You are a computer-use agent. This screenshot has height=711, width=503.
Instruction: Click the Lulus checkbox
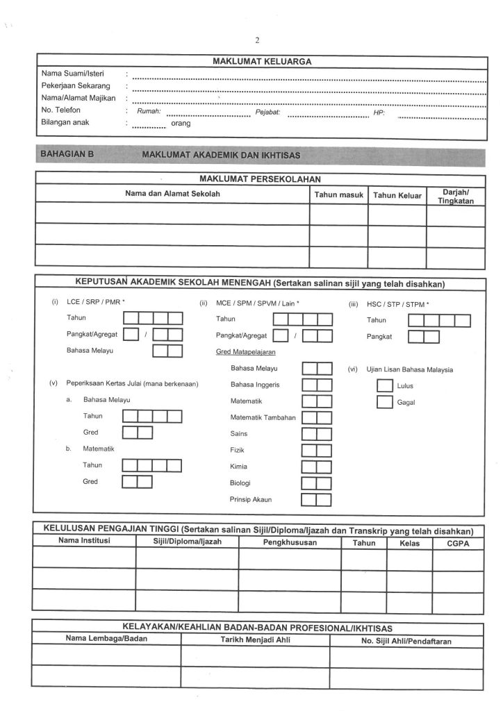[384, 386]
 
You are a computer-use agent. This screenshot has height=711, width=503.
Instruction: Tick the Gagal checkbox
[384, 402]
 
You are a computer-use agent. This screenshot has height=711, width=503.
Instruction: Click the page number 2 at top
[257, 40]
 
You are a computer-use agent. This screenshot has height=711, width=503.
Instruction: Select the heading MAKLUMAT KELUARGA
[261, 61]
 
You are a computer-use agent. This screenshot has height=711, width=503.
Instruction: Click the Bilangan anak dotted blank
[149, 126]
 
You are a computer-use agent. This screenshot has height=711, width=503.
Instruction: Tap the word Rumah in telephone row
[149, 111]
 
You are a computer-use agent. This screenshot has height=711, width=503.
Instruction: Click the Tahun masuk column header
[338, 195]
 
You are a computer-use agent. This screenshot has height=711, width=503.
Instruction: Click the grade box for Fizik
[316, 450]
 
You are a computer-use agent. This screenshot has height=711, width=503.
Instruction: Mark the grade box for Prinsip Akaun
[316, 499]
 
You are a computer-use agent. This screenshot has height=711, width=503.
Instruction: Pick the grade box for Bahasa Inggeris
[316, 385]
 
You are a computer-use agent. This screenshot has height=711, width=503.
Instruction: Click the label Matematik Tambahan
[263, 417]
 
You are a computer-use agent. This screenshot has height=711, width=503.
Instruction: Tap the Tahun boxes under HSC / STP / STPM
[439, 320]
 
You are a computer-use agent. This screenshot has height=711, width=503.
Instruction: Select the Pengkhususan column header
[290, 542]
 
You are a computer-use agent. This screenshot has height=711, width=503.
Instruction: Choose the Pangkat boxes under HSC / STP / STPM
[423, 337]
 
